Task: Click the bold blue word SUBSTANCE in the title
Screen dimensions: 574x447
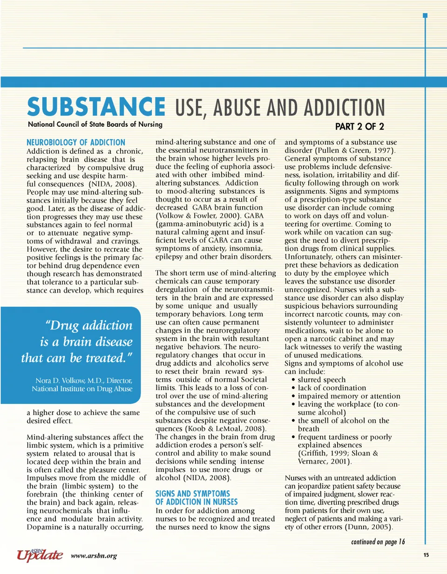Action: [96, 107]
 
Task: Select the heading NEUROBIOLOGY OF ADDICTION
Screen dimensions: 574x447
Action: [76, 142]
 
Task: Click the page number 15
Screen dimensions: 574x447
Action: [426, 554]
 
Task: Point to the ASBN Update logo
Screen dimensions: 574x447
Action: [40, 554]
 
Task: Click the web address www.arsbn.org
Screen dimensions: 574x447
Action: [94, 555]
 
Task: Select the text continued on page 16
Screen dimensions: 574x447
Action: [378, 542]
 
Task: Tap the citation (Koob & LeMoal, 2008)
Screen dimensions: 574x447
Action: [217, 428]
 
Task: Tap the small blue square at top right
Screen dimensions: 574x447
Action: [425, 15]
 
